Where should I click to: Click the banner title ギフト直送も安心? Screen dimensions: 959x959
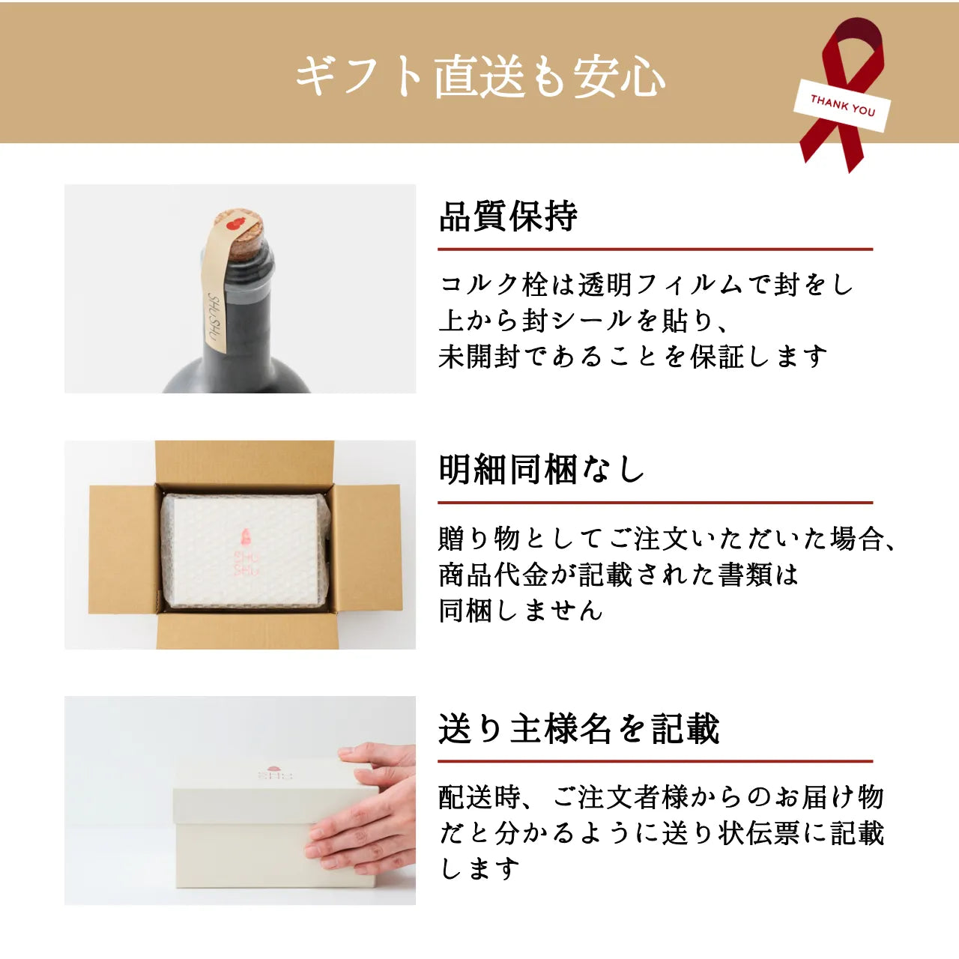click(479, 76)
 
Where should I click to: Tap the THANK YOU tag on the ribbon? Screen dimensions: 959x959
click(842, 105)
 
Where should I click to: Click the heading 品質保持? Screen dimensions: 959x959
click(508, 217)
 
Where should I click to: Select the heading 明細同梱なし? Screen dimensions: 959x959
click(541, 470)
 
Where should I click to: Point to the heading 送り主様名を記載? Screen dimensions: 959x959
click(578, 728)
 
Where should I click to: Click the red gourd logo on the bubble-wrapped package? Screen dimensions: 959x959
click(244, 536)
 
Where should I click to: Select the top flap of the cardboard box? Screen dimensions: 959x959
click(243, 462)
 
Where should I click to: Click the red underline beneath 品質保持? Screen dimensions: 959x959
click(655, 249)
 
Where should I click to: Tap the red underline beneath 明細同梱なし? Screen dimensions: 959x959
click(655, 502)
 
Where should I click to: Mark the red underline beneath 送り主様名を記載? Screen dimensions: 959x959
click(655, 760)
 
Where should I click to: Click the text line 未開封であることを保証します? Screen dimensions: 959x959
click(633, 357)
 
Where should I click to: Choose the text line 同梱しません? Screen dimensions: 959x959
click(521, 611)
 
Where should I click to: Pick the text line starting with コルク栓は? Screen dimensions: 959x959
click(646, 285)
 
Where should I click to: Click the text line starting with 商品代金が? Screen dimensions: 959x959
click(618, 575)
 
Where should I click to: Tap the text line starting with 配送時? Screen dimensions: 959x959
click(661, 797)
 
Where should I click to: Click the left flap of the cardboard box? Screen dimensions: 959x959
click(123, 549)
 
